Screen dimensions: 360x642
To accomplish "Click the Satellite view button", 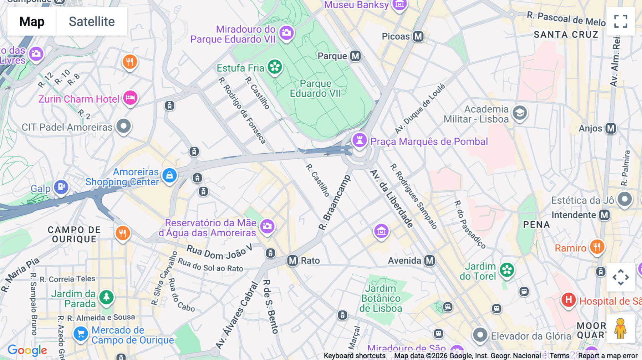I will pyautogui.click(x=92, y=21).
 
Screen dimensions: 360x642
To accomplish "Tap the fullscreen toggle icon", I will pyautogui.click(x=621, y=21).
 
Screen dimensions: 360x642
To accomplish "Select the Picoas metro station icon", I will pyautogui.click(x=418, y=36).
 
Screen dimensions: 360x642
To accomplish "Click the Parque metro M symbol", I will pyautogui.click(x=355, y=56).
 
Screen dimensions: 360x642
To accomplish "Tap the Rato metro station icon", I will pyautogui.click(x=292, y=261).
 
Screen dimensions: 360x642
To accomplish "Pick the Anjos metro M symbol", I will pyautogui.click(x=611, y=128).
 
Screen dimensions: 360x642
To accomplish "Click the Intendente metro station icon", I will pyautogui.click(x=604, y=215).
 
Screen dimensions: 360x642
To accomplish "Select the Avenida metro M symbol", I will pyautogui.click(x=429, y=261).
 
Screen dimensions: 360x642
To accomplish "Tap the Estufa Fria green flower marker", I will pyautogui.click(x=275, y=67).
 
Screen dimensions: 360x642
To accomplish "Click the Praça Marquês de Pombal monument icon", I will pyautogui.click(x=360, y=140).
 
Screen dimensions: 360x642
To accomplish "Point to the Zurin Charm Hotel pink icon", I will pyautogui.click(x=131, y=98).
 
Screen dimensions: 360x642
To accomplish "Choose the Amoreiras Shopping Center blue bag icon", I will pyautogui.click(x=170, y=175).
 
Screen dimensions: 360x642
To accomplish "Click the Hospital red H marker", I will pyautogui.click(x=569, y=300).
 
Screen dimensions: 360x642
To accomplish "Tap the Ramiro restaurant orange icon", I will pyautogui.click(x=597, y=247).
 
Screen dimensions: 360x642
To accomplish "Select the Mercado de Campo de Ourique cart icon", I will pyautogui.click(x=81, y=334).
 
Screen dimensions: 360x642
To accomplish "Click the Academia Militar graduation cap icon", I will pyautogui.click(x=520, y=113).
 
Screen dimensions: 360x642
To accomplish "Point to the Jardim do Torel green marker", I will pyautogui.click(x=507, y=270).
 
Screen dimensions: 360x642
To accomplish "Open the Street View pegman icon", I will pyautogui.click(x=621, y=329).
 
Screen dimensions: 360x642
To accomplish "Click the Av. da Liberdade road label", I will pyautogui.click(x=392, y=199).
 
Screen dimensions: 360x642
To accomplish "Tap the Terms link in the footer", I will pyautogui.click(x=559, y=356).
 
